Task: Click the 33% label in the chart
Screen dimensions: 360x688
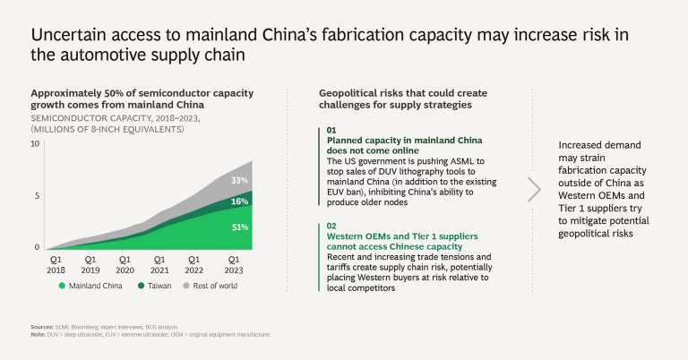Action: pyautogui.click(x=238, y=180)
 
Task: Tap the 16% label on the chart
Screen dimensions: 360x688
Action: pyautogui.click(x=238, y=202)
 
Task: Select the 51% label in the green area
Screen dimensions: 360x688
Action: pyautogui.click(x=238, y=227)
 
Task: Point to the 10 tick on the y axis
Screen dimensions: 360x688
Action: pyautogui.click(x=35, y=143)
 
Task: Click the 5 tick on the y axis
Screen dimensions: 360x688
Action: pyautogui.click(x=38, y=195)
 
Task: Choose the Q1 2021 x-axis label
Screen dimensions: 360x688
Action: pyautogui.click(x=159, y=264)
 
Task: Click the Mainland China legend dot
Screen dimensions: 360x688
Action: pyautogui.click(x=63, y=286)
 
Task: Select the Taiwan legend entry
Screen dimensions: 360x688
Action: pyautogui.click(x=152, y=286)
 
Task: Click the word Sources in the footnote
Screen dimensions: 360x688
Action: pyautogui.click(x=41, y=329)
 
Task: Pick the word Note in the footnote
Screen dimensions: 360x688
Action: pyautogui.click(x=39, y=335)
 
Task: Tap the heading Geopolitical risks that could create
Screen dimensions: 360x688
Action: pyautogui.click(x=401, y=93)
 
